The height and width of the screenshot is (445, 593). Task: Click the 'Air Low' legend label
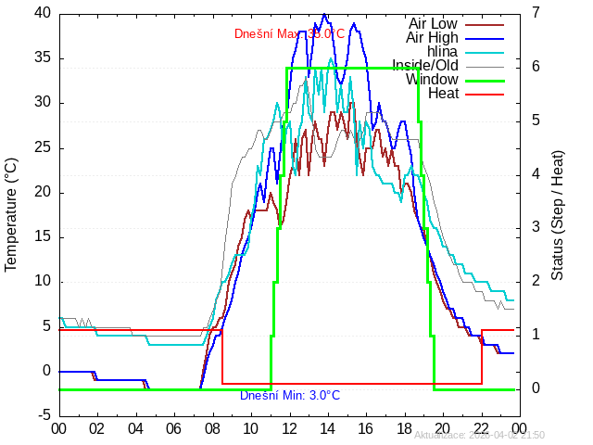(433, 23)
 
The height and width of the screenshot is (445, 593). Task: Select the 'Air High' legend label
(432, 37)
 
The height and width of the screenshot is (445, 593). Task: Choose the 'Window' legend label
(432, 79)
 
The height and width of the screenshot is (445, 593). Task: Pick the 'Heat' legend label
(443, 93)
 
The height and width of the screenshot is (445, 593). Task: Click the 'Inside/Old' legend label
(425, 65)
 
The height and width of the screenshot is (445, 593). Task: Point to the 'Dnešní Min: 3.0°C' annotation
(290, 396)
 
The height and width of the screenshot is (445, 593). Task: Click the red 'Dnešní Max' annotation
(289, 34)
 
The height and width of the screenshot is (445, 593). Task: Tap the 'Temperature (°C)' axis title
(11, 214)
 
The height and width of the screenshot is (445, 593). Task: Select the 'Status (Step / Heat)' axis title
(558, 214)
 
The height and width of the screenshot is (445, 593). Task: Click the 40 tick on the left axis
(42, 13)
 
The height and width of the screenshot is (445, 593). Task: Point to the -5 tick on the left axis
(44, 415)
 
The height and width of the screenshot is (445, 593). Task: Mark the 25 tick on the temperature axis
(42, 147)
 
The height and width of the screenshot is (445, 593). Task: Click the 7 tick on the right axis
(537, 13)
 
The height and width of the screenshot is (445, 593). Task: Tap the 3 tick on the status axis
(537, 227)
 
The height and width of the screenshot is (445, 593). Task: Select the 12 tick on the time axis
(290, 428)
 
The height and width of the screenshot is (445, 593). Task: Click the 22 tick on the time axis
(482, 428)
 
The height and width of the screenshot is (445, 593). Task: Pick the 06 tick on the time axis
(174, 428)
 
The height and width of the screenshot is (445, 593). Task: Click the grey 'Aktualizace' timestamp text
(479, 435)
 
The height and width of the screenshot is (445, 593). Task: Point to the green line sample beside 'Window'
(484, 80)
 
